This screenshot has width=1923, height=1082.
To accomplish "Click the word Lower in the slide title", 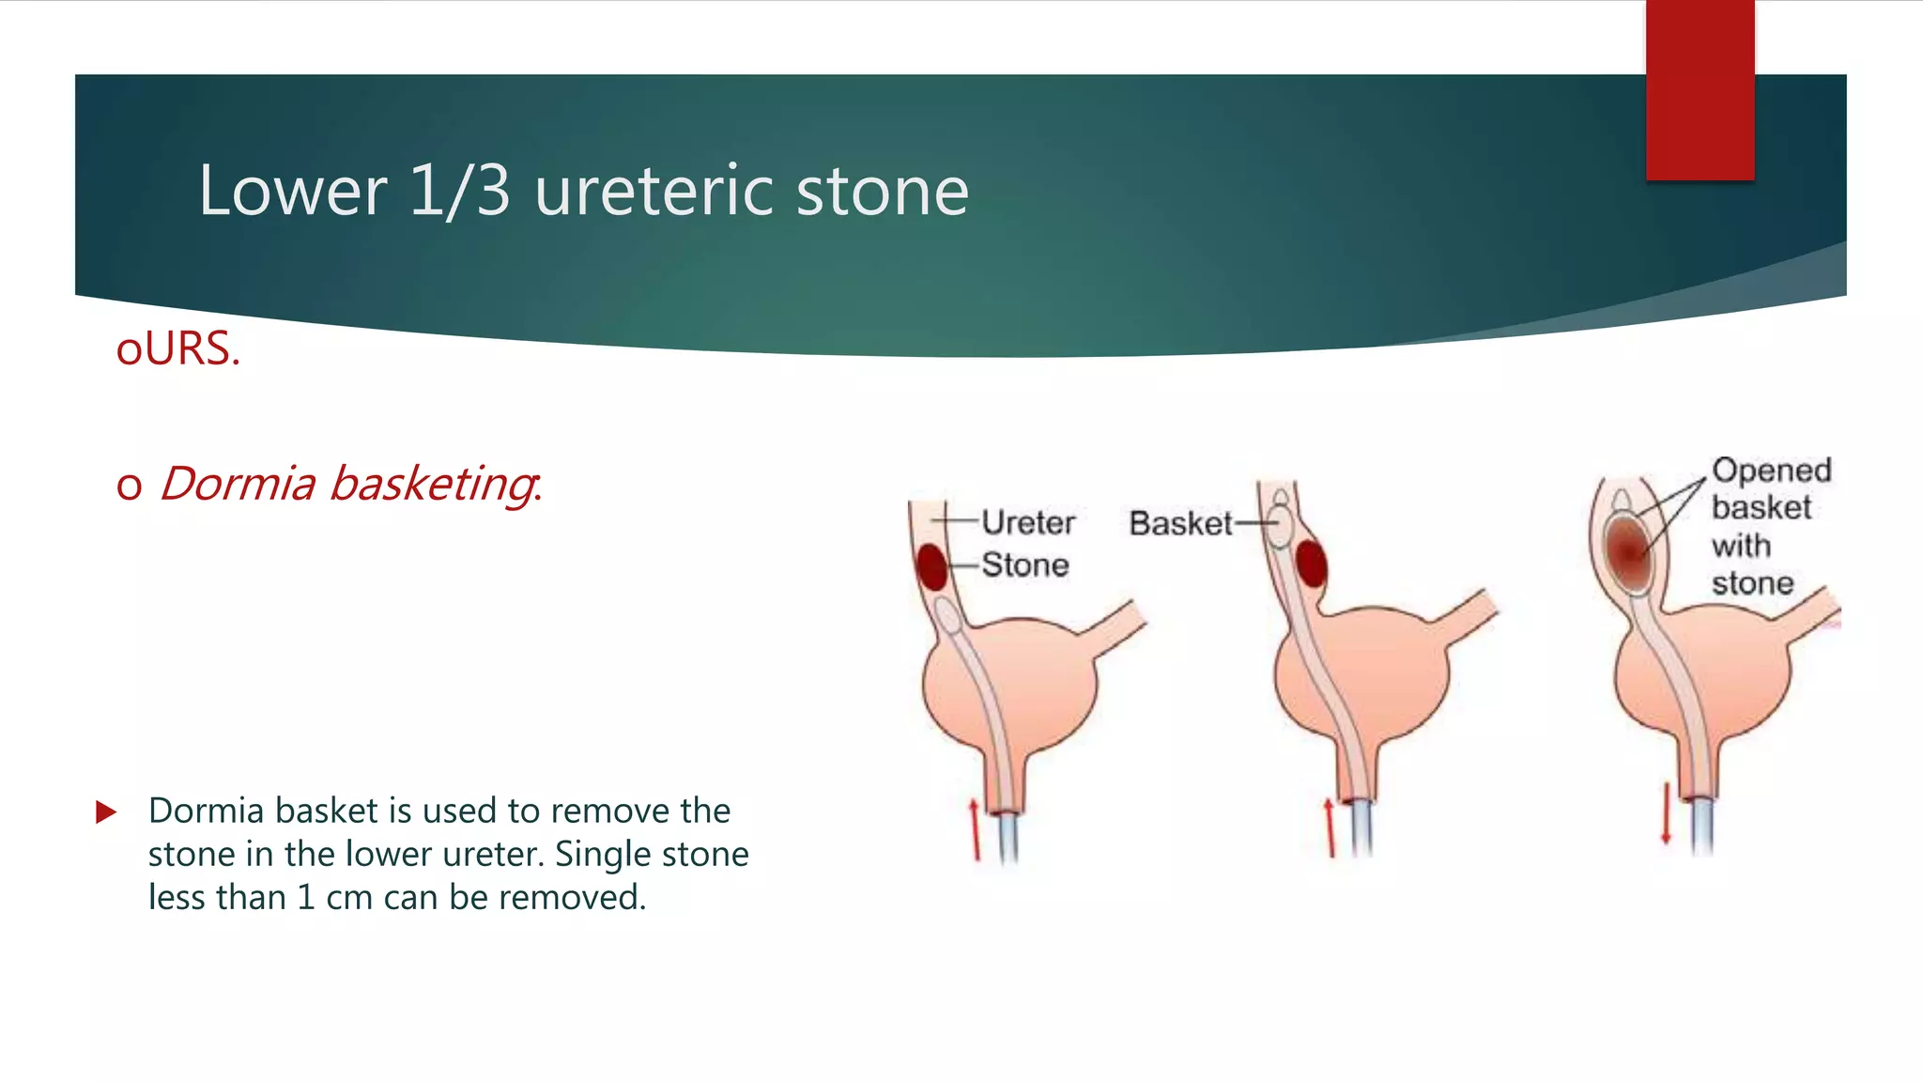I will [292, 192].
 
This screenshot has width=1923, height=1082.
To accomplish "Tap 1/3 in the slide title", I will [460, 192].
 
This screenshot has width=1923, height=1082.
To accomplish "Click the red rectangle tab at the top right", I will [1700, 89].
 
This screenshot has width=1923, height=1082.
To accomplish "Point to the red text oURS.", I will [178, 348].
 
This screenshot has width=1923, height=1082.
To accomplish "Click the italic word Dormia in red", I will [238, 484].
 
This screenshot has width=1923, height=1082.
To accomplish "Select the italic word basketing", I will [434, 484].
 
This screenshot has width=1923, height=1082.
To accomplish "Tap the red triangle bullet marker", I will [106, 811].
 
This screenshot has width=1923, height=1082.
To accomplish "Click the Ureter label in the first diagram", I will [1028, 522].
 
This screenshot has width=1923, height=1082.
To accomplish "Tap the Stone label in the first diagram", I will [1025, 565].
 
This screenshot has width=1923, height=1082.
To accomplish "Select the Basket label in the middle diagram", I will [1179, 523].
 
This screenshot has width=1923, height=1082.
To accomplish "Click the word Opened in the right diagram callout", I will [1771, 470].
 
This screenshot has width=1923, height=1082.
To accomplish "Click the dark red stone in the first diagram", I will [931, 566].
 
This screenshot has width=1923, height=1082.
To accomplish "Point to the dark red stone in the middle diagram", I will [1311, 564].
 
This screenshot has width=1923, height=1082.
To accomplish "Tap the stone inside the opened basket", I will [1628, 549].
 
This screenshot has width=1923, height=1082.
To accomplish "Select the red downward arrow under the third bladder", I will [1665, 813].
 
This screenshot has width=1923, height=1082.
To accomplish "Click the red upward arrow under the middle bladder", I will [1329, 827].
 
